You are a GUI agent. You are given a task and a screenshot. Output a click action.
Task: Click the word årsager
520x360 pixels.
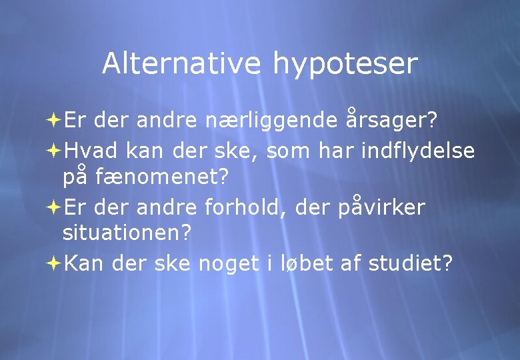point(392,120)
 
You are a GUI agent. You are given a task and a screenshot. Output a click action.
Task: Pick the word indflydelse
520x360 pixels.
point(418,151)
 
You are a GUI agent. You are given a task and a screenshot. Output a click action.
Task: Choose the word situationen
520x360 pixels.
point(127,234)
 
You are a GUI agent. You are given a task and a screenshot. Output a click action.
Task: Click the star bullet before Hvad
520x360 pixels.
point(53,151)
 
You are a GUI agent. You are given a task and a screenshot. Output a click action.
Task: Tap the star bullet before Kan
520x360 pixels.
point(53,264)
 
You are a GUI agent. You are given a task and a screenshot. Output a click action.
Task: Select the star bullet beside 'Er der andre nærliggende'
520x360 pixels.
point(53,121)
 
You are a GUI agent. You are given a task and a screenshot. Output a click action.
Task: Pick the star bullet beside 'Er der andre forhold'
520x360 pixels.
point(53,208)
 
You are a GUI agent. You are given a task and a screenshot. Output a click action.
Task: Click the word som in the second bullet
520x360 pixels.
point(289,152)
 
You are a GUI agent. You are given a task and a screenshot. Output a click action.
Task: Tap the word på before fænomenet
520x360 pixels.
point(75,178)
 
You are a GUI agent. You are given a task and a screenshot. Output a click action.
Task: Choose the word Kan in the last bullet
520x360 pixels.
point(85,263)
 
